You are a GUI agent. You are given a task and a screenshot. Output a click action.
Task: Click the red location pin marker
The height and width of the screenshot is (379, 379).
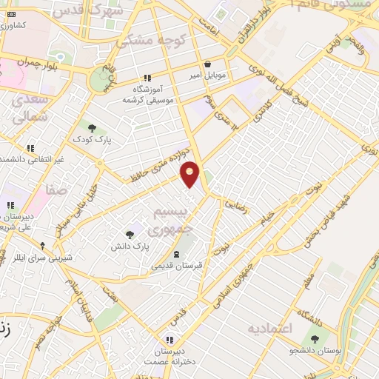pyautogui.click(x=191, y=174)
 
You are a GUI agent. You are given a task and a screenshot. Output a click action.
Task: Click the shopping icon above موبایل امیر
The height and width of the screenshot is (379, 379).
pyautogui.click(x=207, y=64)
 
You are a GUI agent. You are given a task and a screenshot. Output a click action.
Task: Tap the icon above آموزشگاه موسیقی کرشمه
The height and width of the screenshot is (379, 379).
pyautogui.click(x=147, y=77)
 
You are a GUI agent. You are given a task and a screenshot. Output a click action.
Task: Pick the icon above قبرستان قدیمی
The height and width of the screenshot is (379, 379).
pyautogui.click(x=175, y=253)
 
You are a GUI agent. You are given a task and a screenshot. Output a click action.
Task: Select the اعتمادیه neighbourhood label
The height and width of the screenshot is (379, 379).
pyautogui.click(x=270, y=327)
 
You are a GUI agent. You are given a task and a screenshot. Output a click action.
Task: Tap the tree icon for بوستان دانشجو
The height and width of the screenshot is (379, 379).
pyautogui.click(x=315, y=339)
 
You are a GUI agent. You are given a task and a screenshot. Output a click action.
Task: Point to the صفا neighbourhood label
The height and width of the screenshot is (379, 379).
pyautogui.click(x=56, y=190)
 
